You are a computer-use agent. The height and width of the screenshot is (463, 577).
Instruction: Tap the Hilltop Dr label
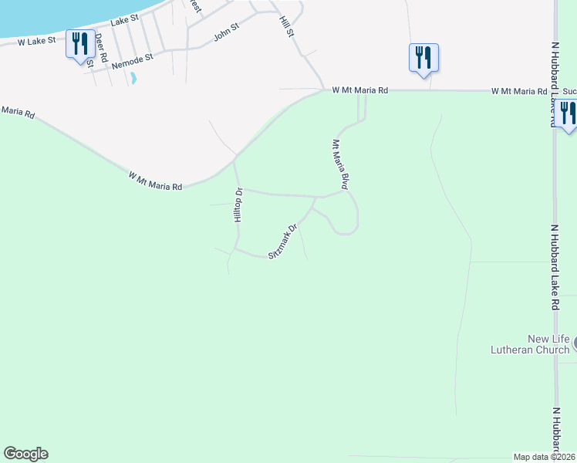click(x=238, y=205)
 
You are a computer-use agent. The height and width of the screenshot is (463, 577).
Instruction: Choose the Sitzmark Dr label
click(x=282, y=242)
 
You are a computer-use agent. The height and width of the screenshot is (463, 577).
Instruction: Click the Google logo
click(x=25, y=454)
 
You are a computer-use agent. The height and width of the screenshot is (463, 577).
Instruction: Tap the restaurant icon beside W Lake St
click(x=80, y=45)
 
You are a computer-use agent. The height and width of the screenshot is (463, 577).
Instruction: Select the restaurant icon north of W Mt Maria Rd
click(x=423, y=58)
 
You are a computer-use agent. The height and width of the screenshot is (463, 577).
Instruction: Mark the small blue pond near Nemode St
click(x=133, y=78)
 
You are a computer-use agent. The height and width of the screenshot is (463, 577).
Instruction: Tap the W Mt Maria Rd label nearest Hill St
click(x=359, y=90)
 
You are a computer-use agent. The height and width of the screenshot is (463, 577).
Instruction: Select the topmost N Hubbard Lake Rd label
click(x=554, y=85)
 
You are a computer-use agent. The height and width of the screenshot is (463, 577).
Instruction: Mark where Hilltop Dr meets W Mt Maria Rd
click(x=235, y=161)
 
